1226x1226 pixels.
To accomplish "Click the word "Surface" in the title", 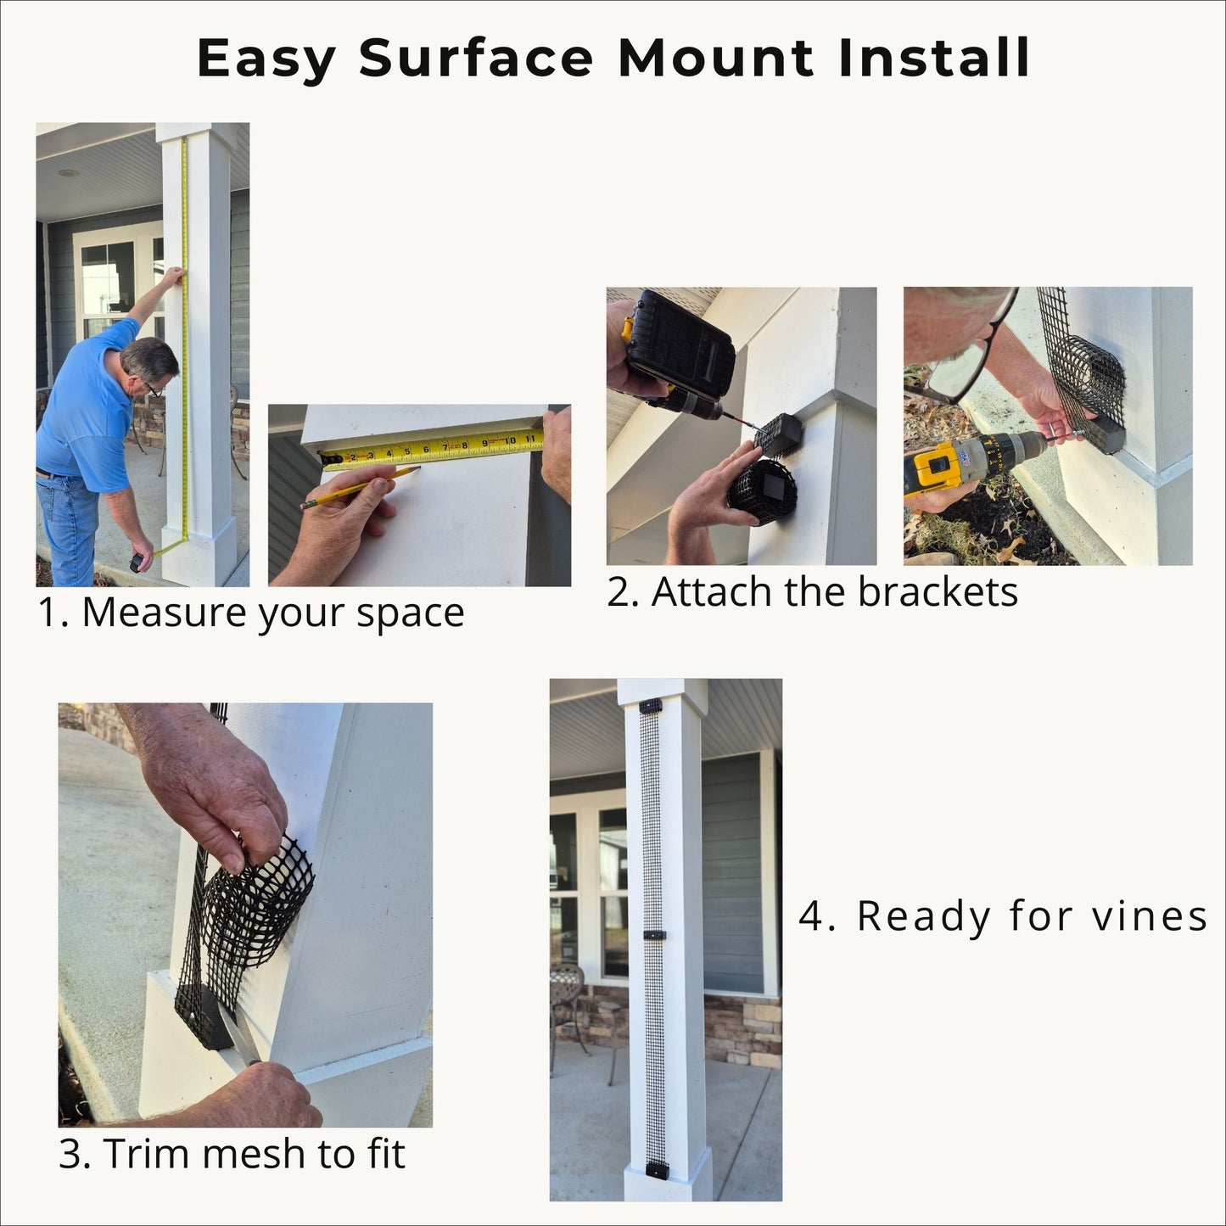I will [477, 58].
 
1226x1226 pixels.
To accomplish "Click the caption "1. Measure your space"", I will [251, 612].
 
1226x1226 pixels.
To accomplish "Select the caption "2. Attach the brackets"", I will [812, 591].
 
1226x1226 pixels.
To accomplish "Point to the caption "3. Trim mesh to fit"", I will [232, 1153].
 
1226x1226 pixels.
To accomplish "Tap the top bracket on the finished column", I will [651, 706].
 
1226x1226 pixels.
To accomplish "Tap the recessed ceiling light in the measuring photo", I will [68, 173].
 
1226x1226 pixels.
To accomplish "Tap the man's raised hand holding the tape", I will [174, 276].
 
